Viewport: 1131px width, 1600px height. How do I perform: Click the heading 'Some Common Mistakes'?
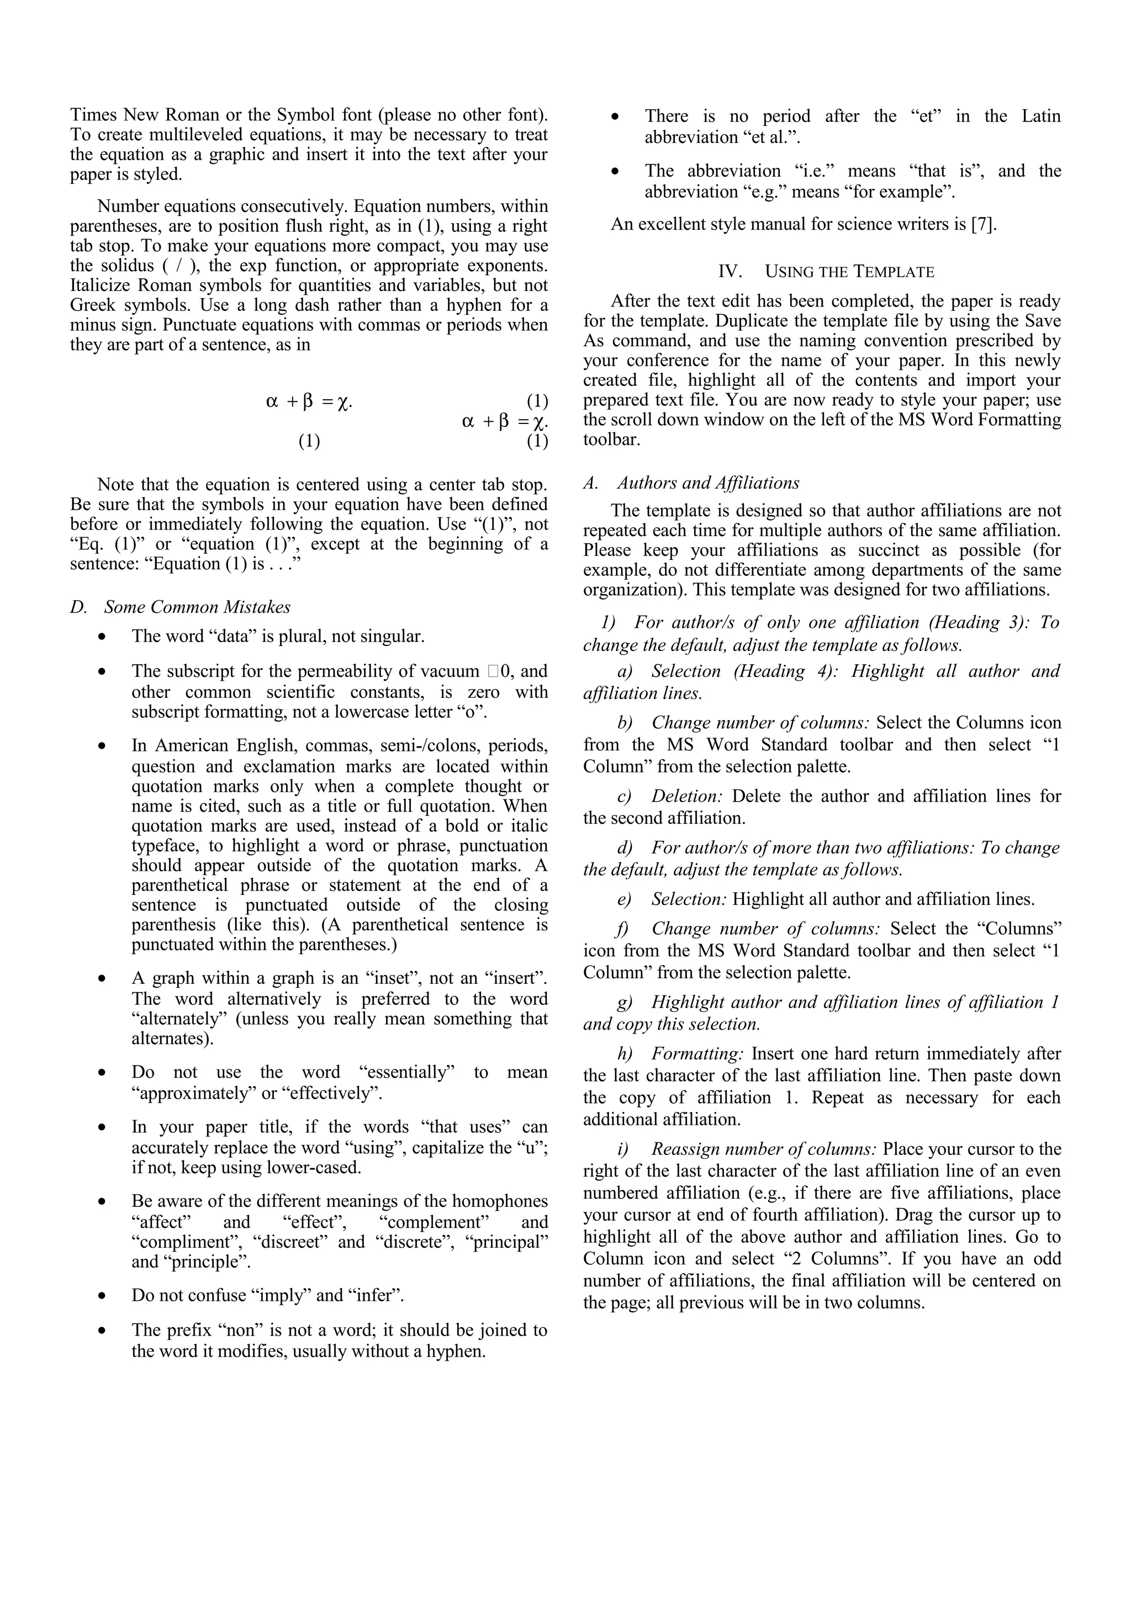pos(197,607)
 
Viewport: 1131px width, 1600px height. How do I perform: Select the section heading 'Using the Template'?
pos(849,272)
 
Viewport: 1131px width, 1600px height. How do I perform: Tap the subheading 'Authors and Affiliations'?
pos(708,483)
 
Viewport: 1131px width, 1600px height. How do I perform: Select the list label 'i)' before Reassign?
pos(623,1149)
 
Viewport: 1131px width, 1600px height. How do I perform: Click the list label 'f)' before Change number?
pos(623,929)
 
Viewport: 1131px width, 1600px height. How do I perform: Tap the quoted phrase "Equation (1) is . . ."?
pos(223,564)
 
